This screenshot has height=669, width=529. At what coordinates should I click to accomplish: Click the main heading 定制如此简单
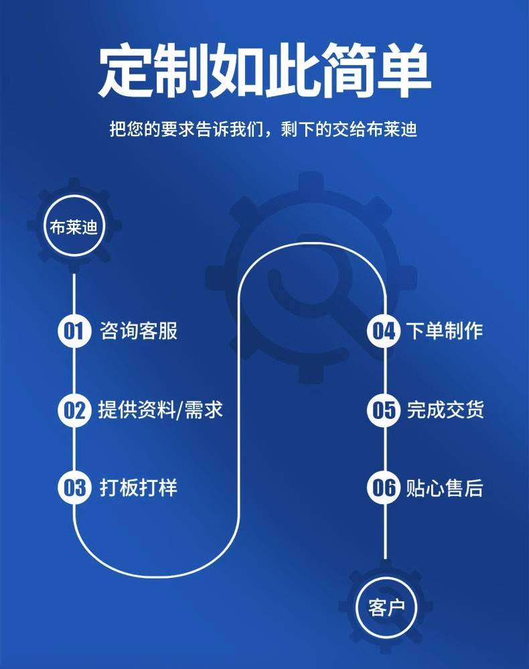coord(264,70)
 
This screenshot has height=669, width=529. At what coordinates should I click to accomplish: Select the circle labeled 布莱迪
coord(74,227)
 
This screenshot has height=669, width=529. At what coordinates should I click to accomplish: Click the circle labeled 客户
coord(386,608)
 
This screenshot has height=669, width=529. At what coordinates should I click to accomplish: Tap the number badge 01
coord(74,331)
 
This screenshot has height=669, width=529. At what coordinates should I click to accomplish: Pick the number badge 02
coord(74,410)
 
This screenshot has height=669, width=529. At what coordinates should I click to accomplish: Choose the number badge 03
coord(74,487)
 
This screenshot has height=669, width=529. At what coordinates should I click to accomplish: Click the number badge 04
coord(384,331)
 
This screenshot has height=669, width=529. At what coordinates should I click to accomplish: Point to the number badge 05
coord(384,410)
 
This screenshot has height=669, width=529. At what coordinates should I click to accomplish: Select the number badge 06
coord(384,487)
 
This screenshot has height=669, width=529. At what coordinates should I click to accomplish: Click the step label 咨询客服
coord(139,330)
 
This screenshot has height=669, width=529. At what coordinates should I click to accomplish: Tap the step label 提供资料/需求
coord(161,409)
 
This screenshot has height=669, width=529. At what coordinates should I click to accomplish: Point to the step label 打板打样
coord(139,487)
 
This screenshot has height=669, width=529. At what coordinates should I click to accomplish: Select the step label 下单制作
coord(444,330)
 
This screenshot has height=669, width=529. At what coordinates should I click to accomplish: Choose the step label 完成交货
coord(444,409)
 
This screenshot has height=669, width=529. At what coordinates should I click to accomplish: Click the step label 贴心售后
coord(444,487)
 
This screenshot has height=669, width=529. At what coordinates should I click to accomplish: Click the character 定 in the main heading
coord(127,70)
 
